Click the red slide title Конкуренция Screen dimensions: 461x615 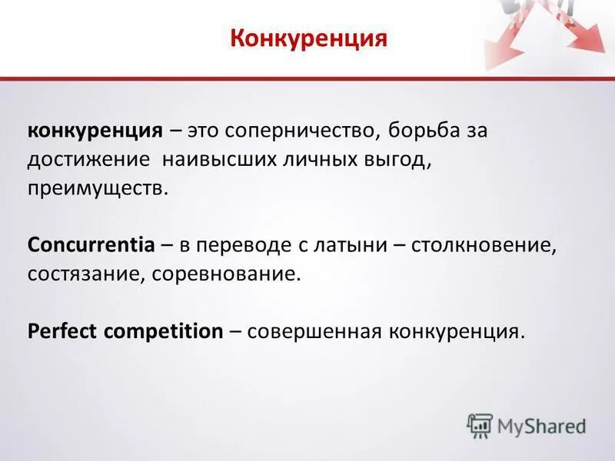point(307,38)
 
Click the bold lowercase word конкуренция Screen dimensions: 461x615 point(95,130)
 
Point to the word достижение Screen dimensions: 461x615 point(88,159)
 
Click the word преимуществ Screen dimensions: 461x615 point(97,188)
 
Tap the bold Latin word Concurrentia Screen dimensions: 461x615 point(91,246)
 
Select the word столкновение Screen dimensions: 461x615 point(483,246)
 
